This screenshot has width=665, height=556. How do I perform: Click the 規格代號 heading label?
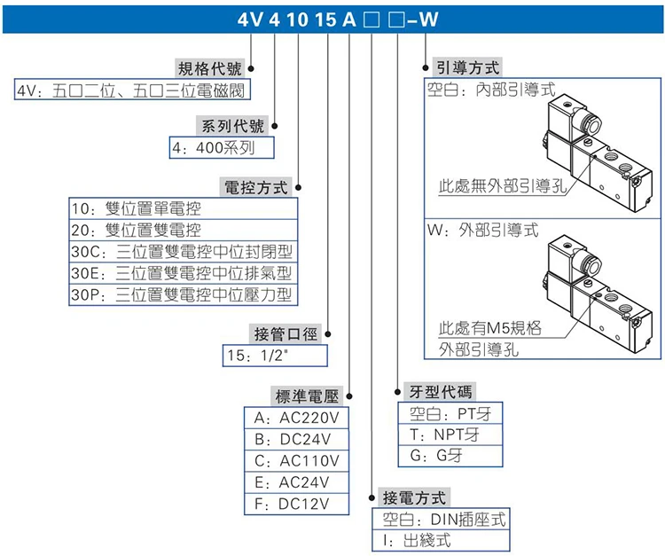(210, 68)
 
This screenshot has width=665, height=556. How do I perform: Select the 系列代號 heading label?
(233, 126)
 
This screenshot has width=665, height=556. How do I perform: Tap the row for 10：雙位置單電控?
(184, 208)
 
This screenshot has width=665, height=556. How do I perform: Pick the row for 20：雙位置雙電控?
(184, 231)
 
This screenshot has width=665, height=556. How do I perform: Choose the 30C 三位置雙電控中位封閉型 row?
(184, 252)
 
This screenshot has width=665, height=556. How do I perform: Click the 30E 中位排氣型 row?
(184, 273)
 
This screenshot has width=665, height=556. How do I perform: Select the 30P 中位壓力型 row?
(184, 294)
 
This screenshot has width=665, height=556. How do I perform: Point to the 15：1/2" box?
(275, 356)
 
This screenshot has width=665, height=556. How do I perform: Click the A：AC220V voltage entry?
(296, 419)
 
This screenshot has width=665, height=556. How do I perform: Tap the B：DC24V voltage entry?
(296, 439)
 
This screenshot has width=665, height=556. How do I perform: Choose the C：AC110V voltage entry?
(296, 461)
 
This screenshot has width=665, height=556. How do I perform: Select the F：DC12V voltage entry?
(296, 505)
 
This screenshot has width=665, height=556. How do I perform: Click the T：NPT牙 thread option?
(450, 435)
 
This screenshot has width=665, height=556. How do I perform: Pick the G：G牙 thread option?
(450, 456)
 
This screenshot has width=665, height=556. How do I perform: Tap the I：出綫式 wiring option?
(441, 541)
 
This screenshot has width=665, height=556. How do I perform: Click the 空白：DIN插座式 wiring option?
(441, 519)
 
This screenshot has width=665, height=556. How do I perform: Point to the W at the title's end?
(429, 20)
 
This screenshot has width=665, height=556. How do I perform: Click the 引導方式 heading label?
(468, 67)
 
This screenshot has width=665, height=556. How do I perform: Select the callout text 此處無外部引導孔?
(503, 185)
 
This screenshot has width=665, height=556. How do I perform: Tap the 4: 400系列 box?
(222, 147)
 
